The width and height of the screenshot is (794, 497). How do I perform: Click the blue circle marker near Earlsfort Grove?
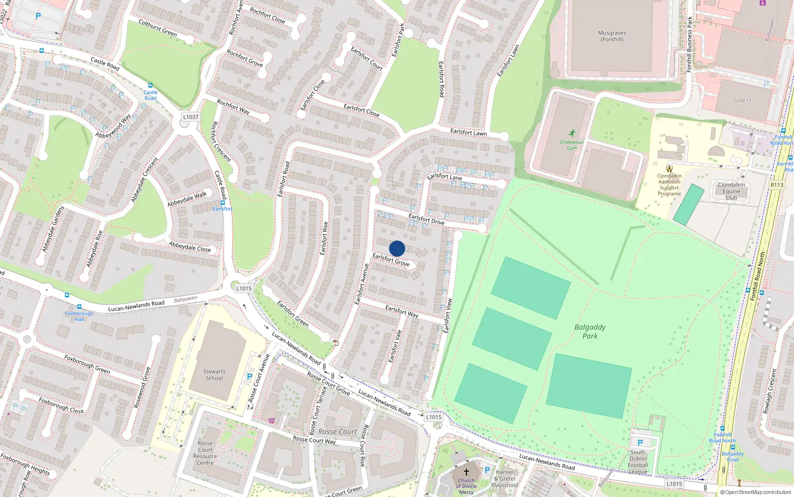(x=397, y=248)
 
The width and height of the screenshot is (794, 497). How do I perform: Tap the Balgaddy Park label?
(x=590, y=331)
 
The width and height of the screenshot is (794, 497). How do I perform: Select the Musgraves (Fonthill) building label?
(x=612, y=36)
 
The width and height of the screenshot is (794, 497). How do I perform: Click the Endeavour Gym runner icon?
(x=572, y=133)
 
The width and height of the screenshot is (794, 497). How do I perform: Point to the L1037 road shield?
(x=191, y=117)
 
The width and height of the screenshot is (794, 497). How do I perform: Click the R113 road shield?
(x=777, y=185)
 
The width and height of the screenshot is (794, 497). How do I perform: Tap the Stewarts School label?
(x=214, y=375)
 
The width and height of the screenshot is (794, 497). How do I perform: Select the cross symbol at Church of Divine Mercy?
(x=466, y=472)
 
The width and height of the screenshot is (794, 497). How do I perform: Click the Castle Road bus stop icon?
(x=150, y=86)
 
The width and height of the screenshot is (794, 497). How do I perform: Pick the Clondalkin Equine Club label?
(x=731, y=191)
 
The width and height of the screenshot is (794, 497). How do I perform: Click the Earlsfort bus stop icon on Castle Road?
(x=222, y=203)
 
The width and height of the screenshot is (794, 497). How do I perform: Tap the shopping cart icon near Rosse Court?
(x=271, y=420)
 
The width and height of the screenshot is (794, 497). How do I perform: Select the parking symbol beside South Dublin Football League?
(x=640, y=443)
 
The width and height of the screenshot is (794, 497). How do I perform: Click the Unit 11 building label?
(x=743, y=101)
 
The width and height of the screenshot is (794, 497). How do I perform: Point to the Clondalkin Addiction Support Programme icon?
(x=669, y=168)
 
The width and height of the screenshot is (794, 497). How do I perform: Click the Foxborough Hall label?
(x=79, y=316)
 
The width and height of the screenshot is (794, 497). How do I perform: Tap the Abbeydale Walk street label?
(x=187, y=199)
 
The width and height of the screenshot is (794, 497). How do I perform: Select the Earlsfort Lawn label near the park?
(x=468, y=132)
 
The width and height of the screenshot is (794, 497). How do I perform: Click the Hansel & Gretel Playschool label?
(x=504, y=479)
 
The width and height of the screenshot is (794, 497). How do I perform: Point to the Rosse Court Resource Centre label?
(x=205, y=453)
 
